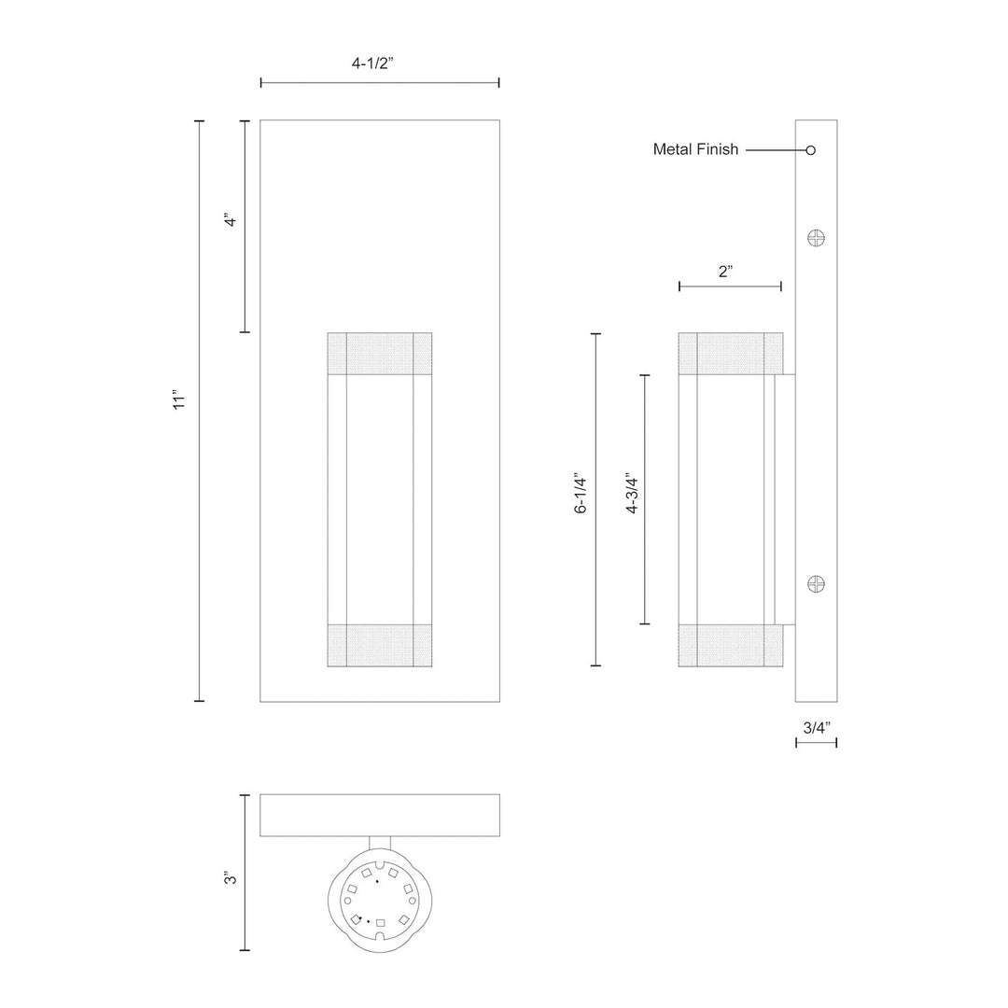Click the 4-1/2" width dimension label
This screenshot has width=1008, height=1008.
[x=379, y=63]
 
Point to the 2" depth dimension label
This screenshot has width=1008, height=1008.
[x=726, y=272]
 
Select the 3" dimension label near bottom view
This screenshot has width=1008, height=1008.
[x=229, y=877]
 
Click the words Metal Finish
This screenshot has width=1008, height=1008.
[x=695, y=149]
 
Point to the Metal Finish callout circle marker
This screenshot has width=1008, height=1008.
[x=811, y=149]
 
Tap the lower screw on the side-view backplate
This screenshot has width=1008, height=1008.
[x=817, y=585]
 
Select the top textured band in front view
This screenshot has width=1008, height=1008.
[x=379, y=354]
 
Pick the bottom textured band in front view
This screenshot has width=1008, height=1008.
[x=379, y=645]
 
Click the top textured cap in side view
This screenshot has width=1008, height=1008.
[x=731, y=353]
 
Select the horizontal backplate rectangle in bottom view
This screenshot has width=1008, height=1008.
[x=379, y=815]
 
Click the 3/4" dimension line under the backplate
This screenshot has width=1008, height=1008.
[x=816, y=743]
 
